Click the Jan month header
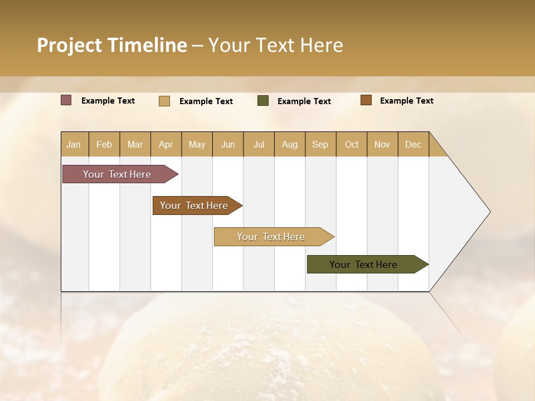[x=74, y=144]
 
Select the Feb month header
[x=104, y=144]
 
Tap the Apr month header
[x=166, y=144]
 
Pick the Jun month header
[x=228, y=144]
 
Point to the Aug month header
[x=290, y=144]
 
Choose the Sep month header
[x=320, y=144]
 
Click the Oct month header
[x=352, y=144]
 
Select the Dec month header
[x=414, y=144]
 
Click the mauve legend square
[x=66, y=100]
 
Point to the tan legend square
[x=164, y=101]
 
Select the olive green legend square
[x=263, y=101]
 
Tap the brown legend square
[x=366, y=100]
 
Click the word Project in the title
[x=69, y=45]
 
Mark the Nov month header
[x=382, y=144]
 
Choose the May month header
[x=197, y=144]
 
